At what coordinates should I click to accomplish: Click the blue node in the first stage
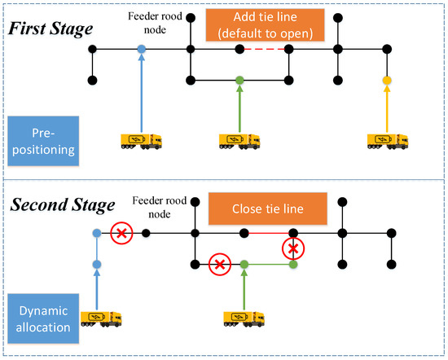142,49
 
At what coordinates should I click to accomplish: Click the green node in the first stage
239,80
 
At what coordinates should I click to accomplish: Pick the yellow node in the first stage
386,80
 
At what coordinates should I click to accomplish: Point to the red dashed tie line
263,49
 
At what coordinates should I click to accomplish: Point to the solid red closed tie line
269,233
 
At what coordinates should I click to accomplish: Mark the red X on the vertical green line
293,247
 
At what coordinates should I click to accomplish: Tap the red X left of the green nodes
219,264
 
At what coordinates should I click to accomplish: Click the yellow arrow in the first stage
386,106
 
